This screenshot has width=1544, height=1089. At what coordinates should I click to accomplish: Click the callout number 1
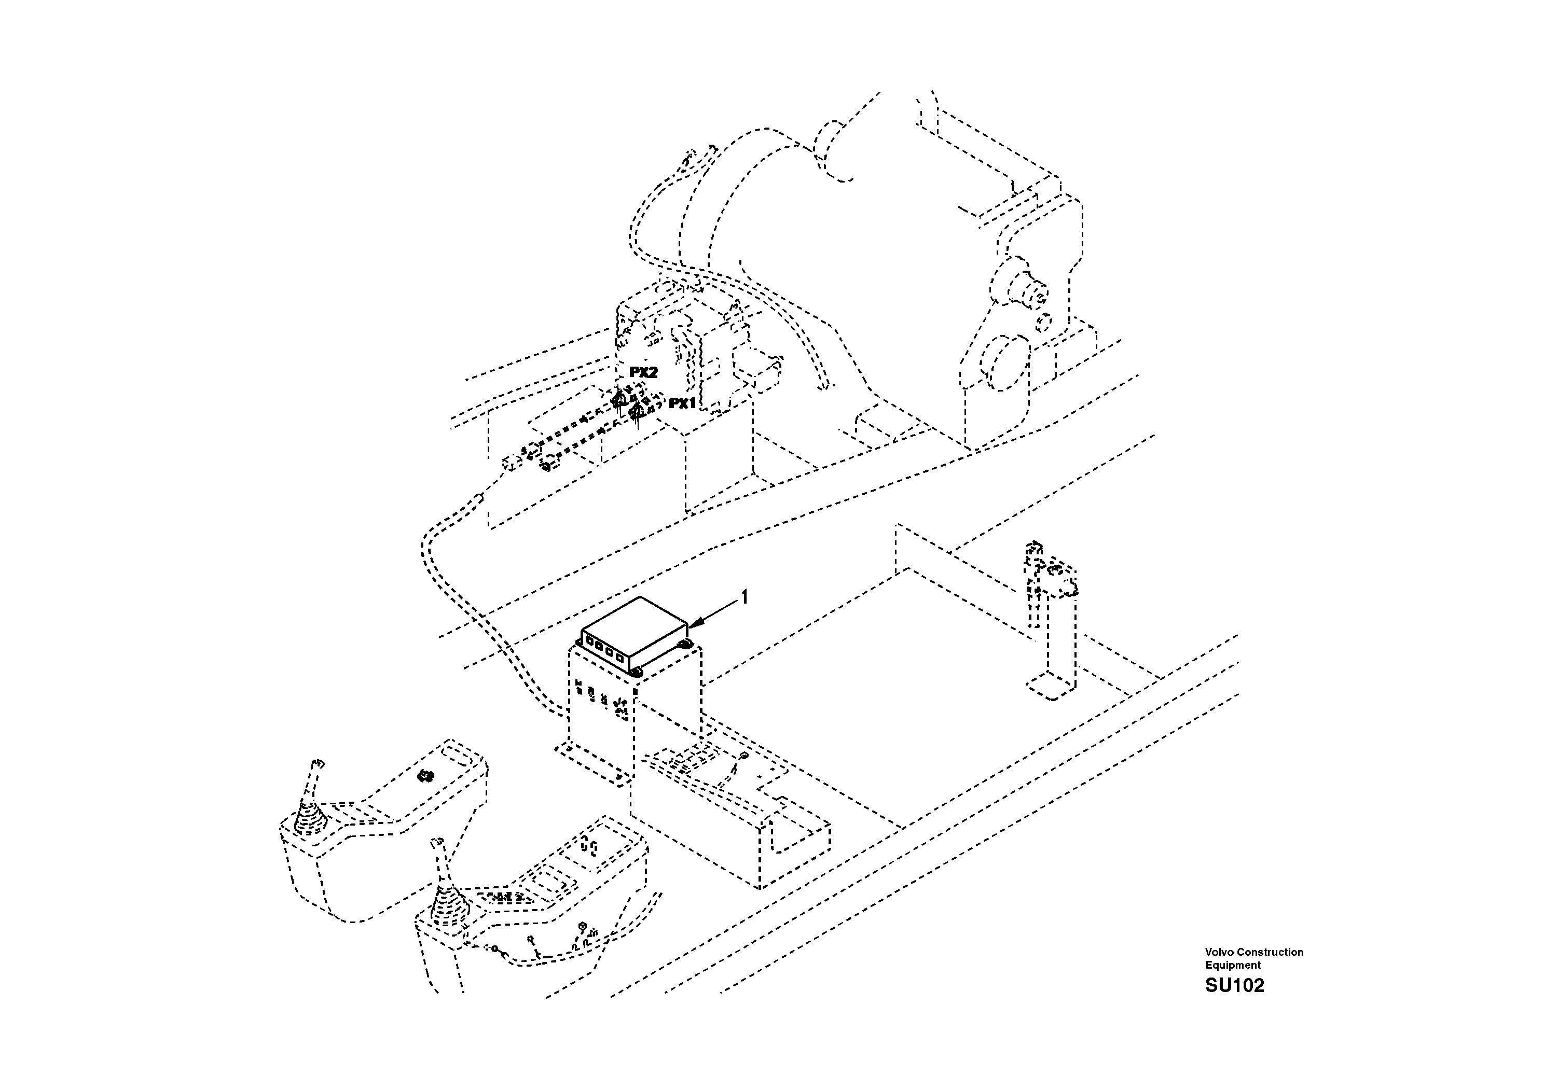coord(744,597)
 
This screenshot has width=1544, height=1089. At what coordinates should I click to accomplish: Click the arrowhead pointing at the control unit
coord(692,626)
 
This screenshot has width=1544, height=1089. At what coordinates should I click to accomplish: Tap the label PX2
coord(643,372)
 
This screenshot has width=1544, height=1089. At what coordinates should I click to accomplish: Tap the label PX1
coord(682,403)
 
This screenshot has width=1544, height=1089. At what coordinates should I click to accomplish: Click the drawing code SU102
coord(1234,985)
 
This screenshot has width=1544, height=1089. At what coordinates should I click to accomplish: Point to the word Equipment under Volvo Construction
coord(1233,965)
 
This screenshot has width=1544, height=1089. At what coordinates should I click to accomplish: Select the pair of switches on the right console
coord(590,845)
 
